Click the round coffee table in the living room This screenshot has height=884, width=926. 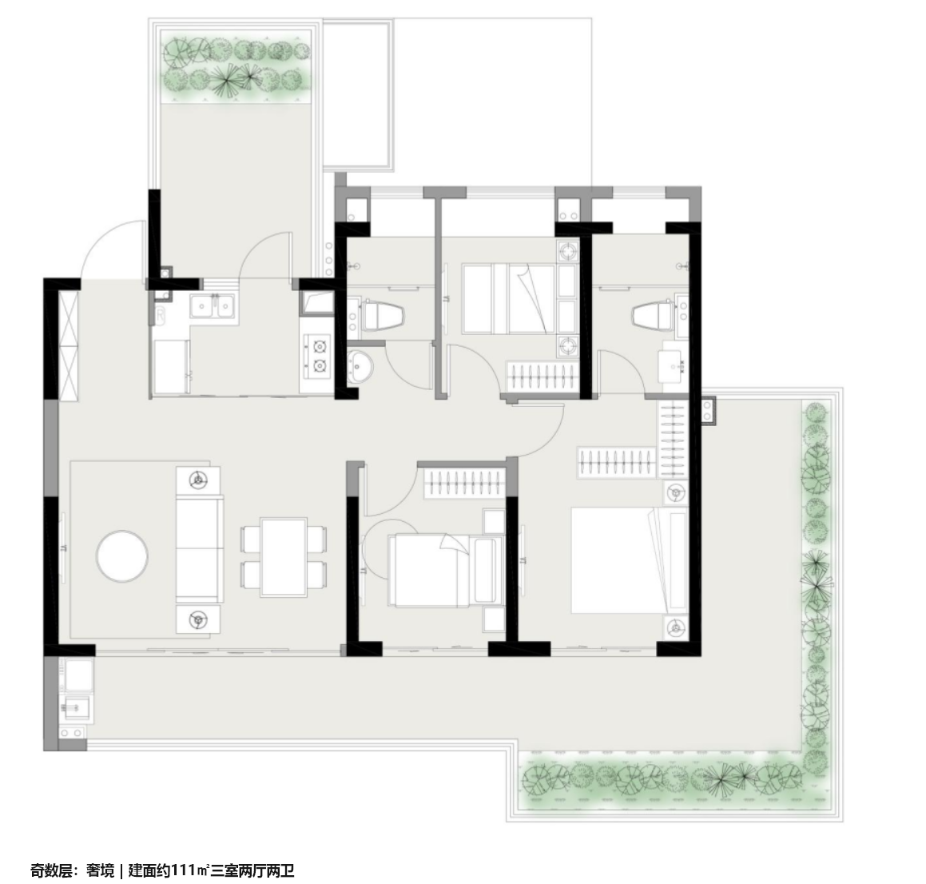[x=122, y=555]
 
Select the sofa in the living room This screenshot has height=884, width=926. [x=201, y=550]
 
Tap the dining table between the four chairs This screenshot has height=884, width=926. [x=284, y=556]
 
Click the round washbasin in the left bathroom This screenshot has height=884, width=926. [x=359, y=366]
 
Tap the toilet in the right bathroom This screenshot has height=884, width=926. [x=653, y=314]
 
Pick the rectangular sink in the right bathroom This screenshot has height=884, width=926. [x=674, y=366]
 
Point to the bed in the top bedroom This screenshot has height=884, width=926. [x=508, y=298]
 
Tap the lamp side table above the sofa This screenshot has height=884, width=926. [x=198, y=481]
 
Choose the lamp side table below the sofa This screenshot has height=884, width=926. [x=198, y=619]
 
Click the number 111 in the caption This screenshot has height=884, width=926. [x=185, y=870]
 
